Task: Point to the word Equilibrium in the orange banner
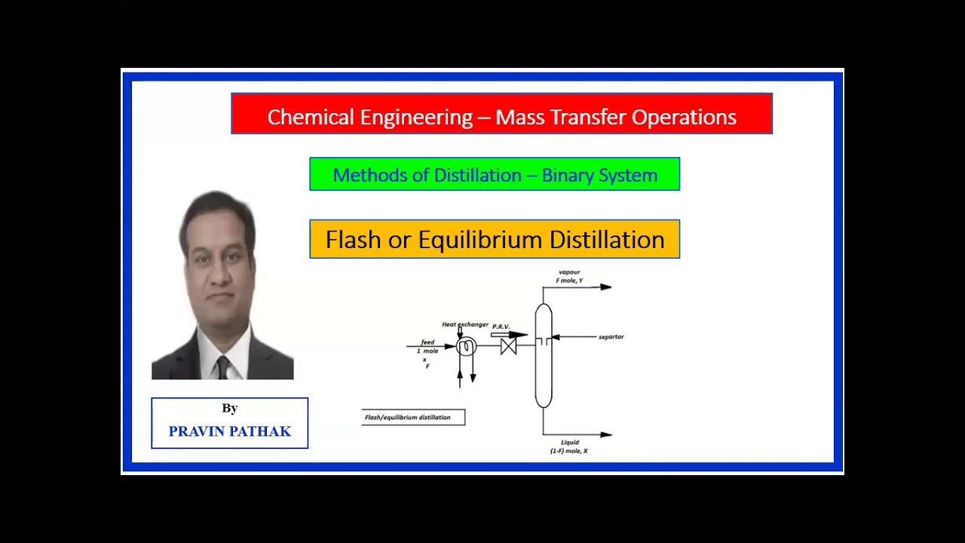(x=480, y=240)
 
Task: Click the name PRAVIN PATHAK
(x=229, y=431)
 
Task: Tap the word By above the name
(x=230, y=408)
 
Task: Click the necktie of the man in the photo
(x=222, y=367)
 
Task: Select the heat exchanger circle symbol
(x=466, y=346)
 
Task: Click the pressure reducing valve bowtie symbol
(x=508, y=346)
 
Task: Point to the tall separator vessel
(x=544, y=355)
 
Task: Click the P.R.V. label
(x=501, y=327)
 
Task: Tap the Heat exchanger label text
(x=465, y=324)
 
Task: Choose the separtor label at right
(x=611, y=337)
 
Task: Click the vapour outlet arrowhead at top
(x=606, y=287)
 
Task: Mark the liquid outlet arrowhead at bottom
(x=606, y=434)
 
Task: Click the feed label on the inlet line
(x=427, y=342)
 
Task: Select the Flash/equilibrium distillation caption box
(x=413, y=417)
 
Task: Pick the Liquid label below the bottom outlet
(x=569, y=443)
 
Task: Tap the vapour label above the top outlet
(x=569, y=272)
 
